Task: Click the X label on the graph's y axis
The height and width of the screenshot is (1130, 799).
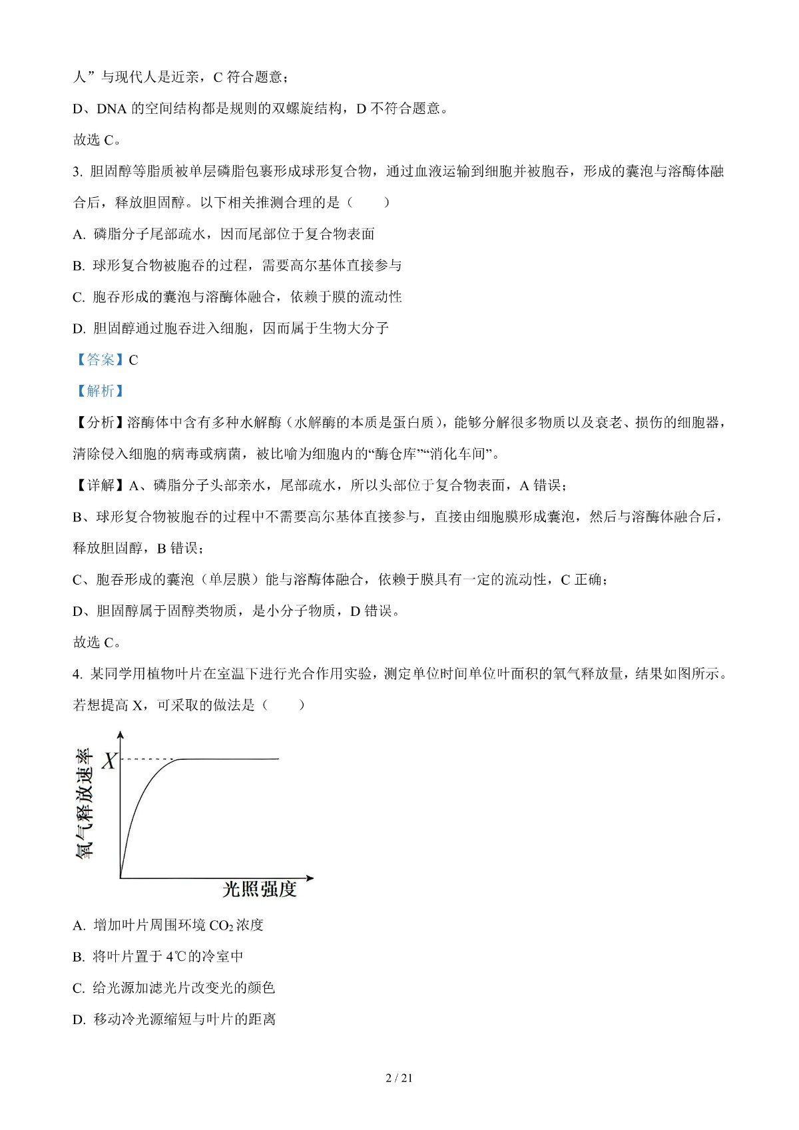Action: tap(109, 760)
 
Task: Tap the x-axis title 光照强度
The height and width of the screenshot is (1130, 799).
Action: tap(259, 890)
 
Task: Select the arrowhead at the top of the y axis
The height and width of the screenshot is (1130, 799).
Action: tap(121, 735)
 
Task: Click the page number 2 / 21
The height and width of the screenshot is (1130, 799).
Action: tap(400, 1078)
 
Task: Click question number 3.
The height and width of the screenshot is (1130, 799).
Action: tap(77, 172)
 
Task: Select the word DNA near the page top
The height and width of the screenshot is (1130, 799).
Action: tap(112, 109)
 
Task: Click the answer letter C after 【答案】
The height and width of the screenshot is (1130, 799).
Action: tap(133, 360)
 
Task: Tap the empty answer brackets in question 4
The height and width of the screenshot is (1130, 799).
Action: tap(284, 705)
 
